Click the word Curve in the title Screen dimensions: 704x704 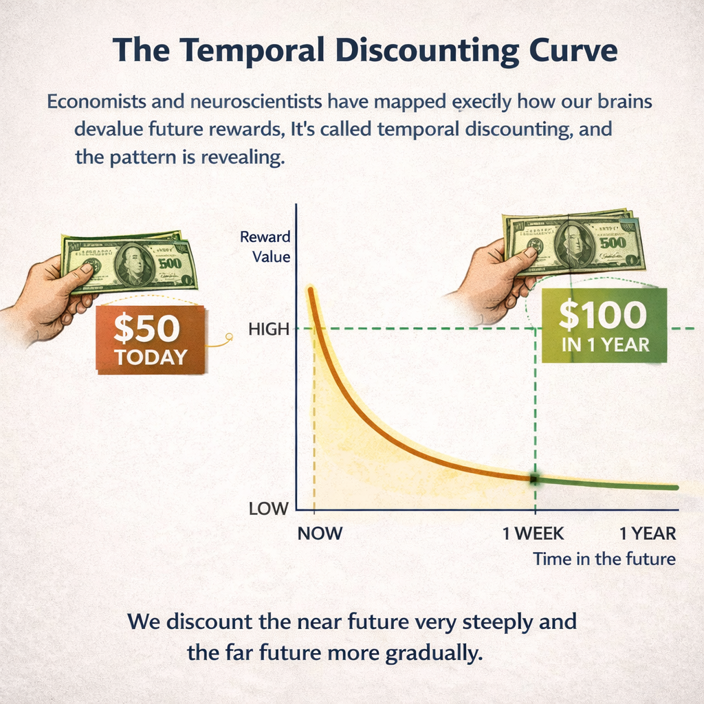coord(573,50)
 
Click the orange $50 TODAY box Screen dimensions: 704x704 coord(151,340)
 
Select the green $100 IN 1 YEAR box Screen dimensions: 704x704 coord(604,325)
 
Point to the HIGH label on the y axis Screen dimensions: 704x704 coord(269,329)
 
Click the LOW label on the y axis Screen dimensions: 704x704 coord(269,509)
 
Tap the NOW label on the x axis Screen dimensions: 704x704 coord(320,533)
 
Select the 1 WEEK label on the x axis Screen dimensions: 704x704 coord(533,533)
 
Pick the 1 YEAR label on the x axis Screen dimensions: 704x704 coord(648,533)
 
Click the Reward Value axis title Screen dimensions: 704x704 coord(265,247)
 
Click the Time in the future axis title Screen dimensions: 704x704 coord(604,559)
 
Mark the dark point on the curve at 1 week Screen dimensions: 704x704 coord(534,479)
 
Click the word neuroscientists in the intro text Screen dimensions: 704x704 coord(256,102)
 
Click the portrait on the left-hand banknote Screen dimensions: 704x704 coord(134,265)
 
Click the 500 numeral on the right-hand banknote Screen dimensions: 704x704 coord(613,243)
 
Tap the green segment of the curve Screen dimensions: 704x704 coord(606,483)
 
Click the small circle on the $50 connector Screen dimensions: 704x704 coord(230,336)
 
